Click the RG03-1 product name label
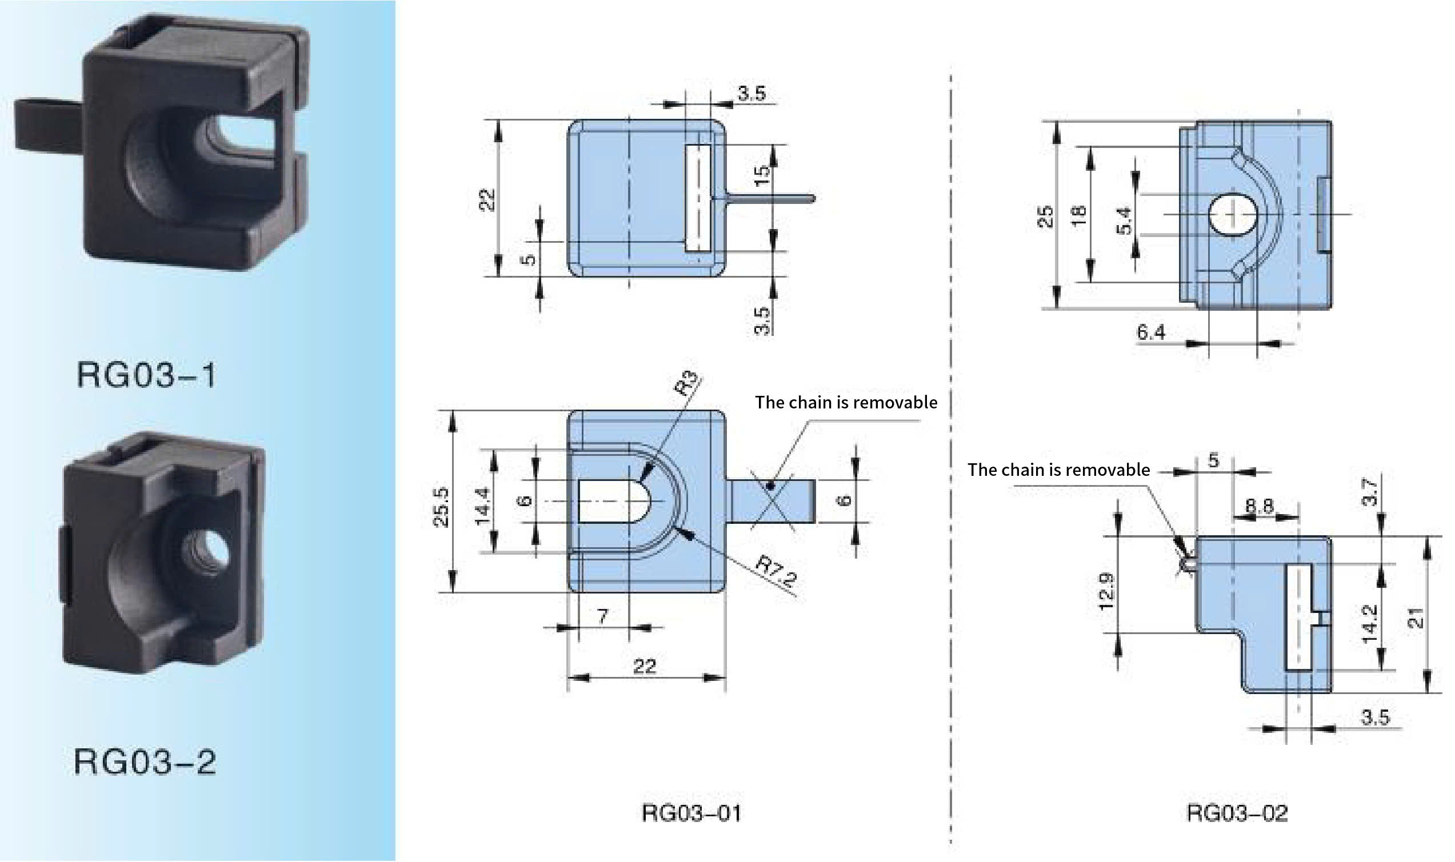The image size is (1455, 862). [x=146, y=375]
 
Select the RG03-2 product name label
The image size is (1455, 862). [x=145, y=761]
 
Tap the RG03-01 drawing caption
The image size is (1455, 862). [x=691, y=813]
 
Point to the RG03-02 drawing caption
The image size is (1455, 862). [x=1237, y=813]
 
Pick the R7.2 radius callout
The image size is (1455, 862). [x=776, y=571]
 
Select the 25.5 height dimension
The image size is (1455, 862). [x=442, y=507]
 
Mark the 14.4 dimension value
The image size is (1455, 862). [x=483, y=507]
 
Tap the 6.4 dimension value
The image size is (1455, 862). [x=1151, y=332]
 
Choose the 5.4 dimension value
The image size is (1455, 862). [x=1124, y=220]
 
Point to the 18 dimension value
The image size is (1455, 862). [x=1078, y=216]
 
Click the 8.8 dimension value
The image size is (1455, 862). [x=1259, y=506]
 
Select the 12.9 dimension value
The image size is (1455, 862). [x=1106, y=591]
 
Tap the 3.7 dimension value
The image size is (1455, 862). [x=1370, y=492]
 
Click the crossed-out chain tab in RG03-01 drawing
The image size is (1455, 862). [x=772, y=501]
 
